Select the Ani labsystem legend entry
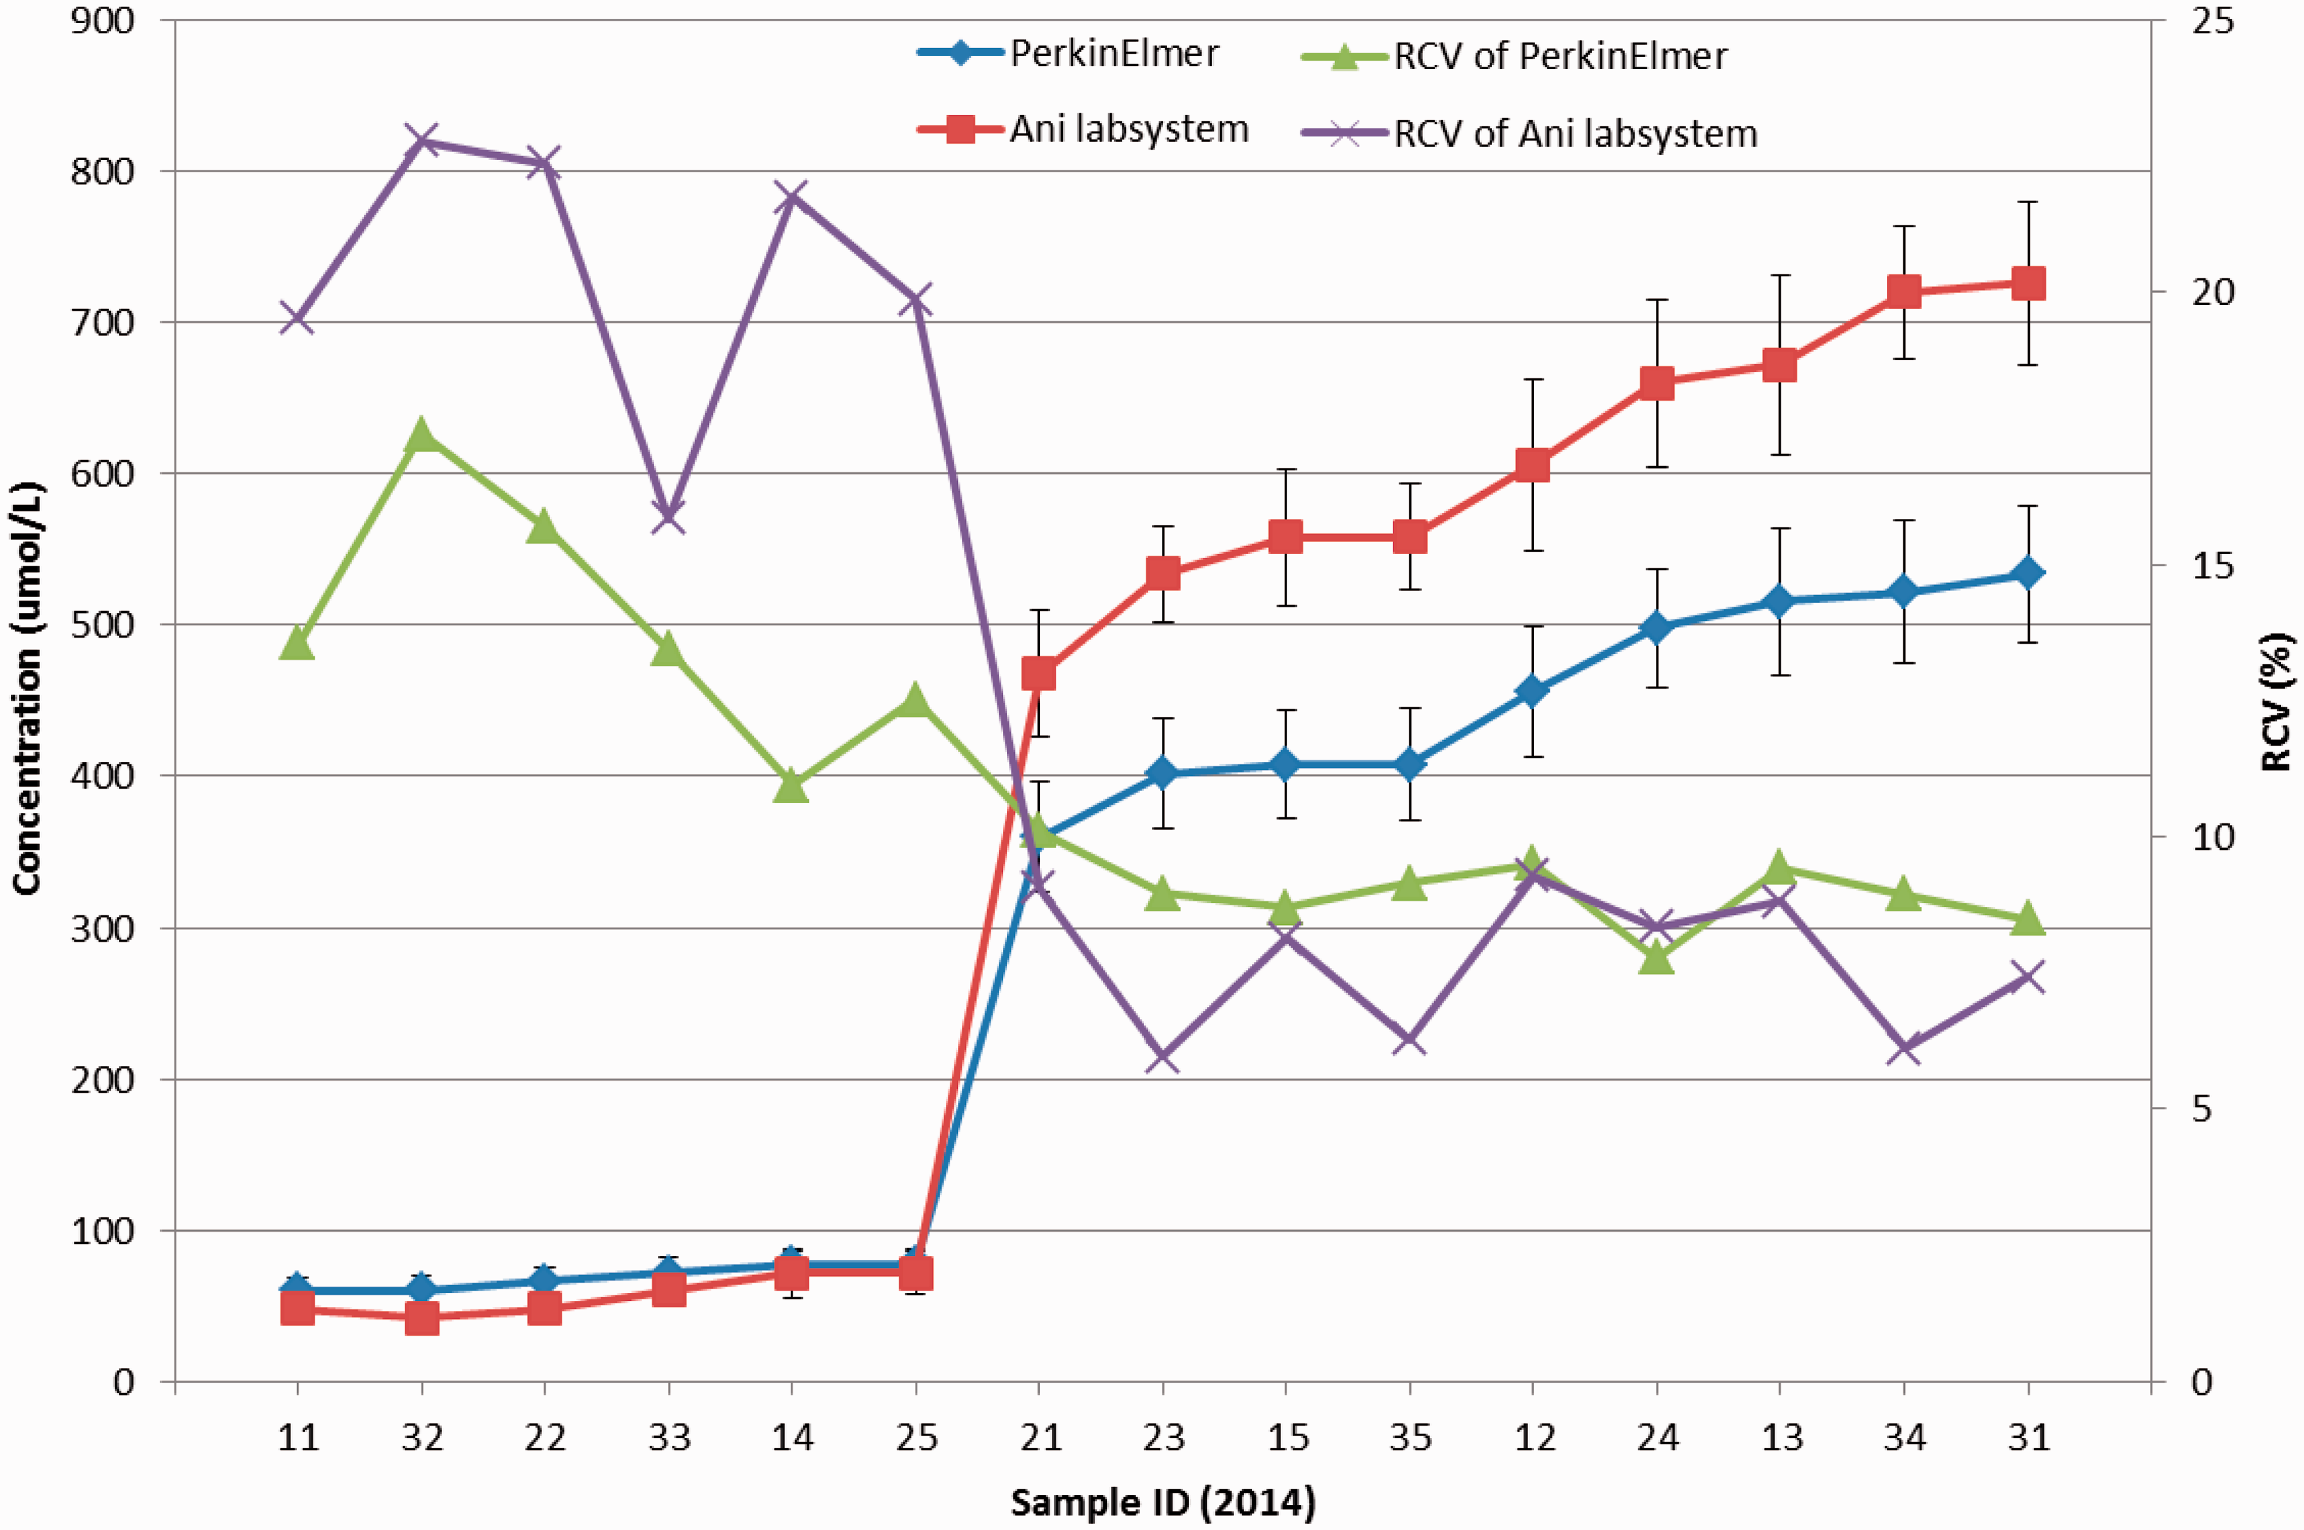pos(1083,129)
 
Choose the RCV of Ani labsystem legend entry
pos(1530,133)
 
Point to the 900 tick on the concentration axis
pos(102,21)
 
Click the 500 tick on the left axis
pos(102,624)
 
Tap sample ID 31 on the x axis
pos(2028,1437)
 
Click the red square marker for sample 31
pos(2028,284)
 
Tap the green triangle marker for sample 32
pos(421,434)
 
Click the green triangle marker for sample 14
pos(791,786)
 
